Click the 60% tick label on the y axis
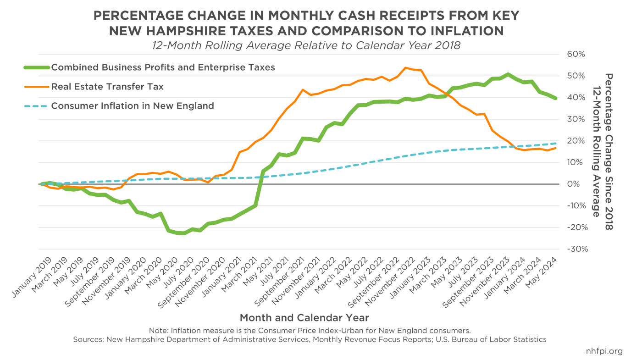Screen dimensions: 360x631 click(576, 54)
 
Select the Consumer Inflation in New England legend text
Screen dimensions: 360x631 click(133, 106)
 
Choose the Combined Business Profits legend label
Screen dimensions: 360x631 click(163, 67)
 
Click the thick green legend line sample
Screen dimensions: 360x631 click(36, 67)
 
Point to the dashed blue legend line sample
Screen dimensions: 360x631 click(36, 106)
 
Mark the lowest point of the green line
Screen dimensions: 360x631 click(184, 233)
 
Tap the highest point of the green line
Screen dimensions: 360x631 click(508, 74)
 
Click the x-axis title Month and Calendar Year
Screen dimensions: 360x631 click(304, 317)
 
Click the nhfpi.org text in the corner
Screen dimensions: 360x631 click(604, 351)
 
